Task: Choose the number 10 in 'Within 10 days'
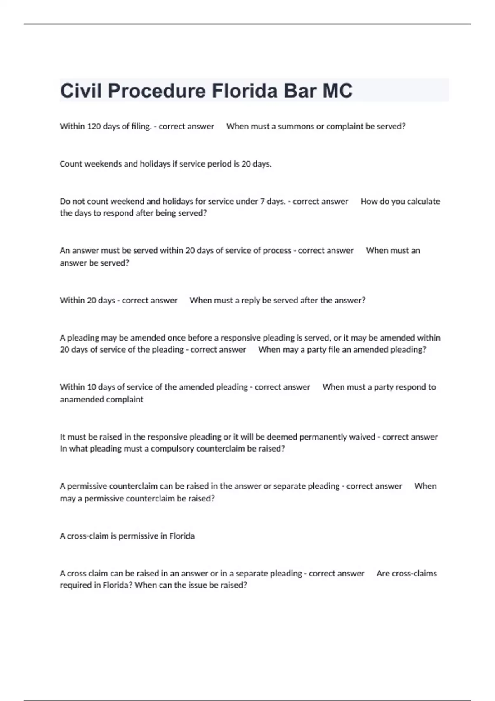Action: pyautogui.click(x=92, y=387)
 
